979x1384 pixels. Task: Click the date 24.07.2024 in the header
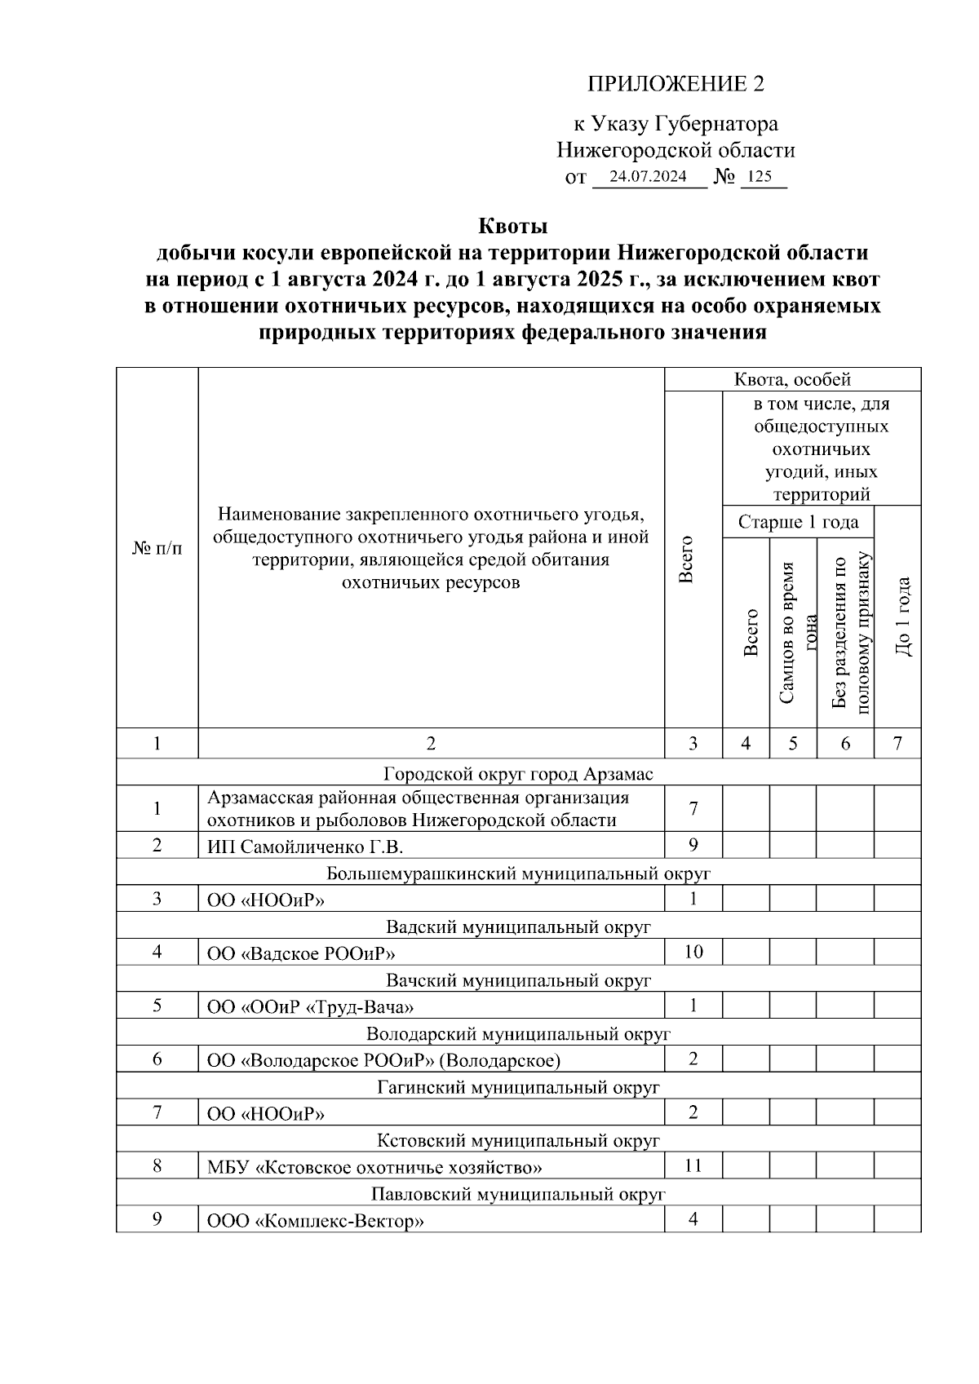pos(648,177)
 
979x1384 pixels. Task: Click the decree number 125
pos(759,177)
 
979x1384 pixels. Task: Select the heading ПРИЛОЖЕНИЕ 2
pos(676,84)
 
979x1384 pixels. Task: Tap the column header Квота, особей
pos(792,379)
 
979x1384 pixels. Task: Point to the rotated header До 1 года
pos(902,617)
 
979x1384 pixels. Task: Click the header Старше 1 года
pos(797,522)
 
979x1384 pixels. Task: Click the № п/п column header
pos(157,548)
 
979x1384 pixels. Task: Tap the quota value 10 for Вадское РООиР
pos(693,952)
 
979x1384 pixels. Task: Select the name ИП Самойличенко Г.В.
pos(305,847)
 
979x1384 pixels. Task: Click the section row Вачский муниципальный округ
pos(518,979)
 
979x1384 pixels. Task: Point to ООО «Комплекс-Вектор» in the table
pos(316,1222)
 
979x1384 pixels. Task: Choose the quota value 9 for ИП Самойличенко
pos(693,845)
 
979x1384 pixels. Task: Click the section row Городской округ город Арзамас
pos(518,773)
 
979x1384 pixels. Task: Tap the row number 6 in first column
pos(157,1059)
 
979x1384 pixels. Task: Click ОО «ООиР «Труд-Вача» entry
pos(310,1007)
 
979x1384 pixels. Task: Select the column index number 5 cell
pos(792,744)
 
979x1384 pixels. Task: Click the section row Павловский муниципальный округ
pos(518,1194)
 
